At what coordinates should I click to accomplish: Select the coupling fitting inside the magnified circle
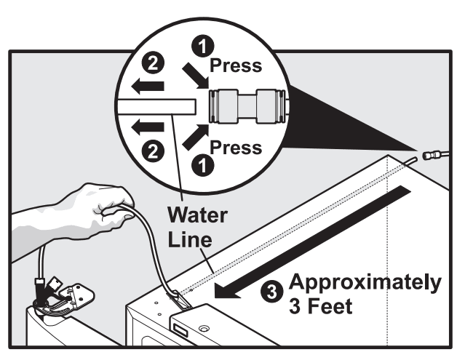[x=247, y=106]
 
